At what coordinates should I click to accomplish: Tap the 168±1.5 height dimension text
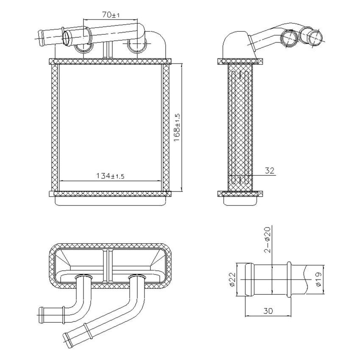coord(177,127)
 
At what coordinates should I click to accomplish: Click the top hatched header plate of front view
coord(110,61)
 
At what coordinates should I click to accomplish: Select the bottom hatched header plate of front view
coord(110,194)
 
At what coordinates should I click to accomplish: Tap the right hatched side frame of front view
coord(166,127)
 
